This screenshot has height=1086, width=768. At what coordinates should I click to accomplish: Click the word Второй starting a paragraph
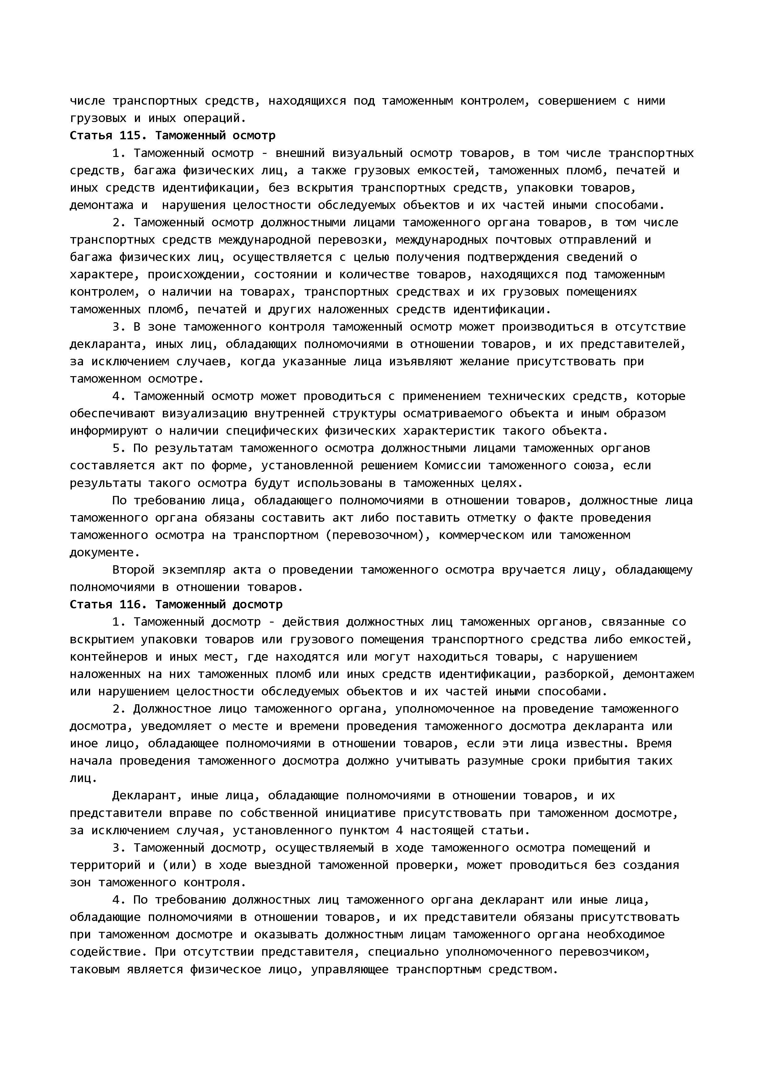tap(133, 570)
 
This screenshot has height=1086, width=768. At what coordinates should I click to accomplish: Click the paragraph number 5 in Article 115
tap(116, 448)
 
